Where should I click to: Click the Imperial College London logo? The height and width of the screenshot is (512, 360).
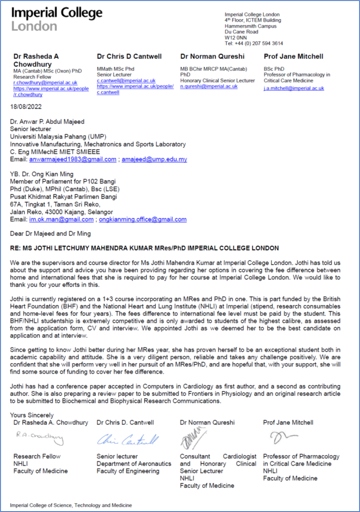tap(57, 19)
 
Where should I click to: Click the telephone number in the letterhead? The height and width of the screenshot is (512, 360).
tap(254, 43)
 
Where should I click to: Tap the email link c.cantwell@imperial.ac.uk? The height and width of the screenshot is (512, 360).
tap(126, 81)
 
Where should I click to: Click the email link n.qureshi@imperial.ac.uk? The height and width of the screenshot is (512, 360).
tap(209, 86)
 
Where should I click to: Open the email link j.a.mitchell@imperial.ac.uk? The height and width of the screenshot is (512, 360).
tap(294, 88)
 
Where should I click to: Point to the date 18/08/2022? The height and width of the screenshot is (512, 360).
tap(26, 107)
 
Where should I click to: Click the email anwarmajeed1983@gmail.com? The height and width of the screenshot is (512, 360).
tap(73, 159)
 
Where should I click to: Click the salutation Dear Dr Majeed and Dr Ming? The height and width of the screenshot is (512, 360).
tap(50, 233)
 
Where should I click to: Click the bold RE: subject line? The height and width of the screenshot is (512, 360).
tap(144, 248)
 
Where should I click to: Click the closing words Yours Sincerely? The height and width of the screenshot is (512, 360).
tap(32, 415)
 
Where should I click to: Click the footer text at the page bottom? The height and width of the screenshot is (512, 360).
tap(71, 505)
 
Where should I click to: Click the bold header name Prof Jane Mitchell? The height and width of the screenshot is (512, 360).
tap(293, 57)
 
